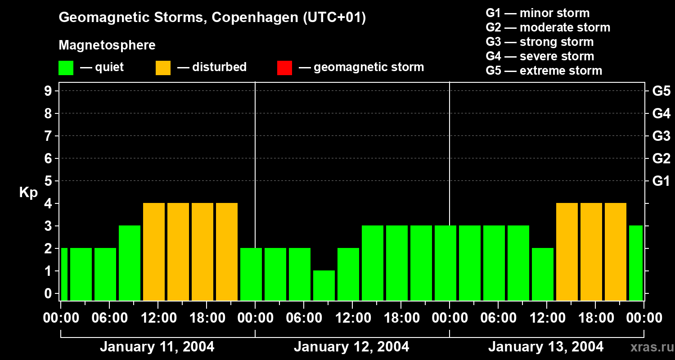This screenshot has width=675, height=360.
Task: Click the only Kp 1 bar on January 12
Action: (324, 285)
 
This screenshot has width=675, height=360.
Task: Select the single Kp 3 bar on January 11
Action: (130, 263)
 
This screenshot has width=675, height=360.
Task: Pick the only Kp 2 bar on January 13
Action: (543, 274)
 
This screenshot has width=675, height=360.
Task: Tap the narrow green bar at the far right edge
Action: (636, 263)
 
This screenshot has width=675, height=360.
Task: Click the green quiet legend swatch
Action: (66, 67)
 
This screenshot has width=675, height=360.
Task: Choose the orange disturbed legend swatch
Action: (163, 67)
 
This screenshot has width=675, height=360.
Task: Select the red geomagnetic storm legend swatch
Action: (284, 67)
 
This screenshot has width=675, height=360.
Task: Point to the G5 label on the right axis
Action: (661, 91)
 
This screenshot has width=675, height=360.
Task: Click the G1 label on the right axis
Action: (661, 181)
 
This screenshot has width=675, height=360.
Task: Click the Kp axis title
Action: (28, 193)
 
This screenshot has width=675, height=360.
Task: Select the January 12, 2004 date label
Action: (351, 347)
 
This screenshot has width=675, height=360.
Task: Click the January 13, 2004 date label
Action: (546, 347)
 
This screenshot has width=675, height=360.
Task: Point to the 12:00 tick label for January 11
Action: (158, 318)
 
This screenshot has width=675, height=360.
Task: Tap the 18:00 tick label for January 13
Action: (595, 318)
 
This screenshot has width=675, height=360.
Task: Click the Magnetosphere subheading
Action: (107, 45)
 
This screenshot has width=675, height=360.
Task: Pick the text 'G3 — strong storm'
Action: (540, 42)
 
